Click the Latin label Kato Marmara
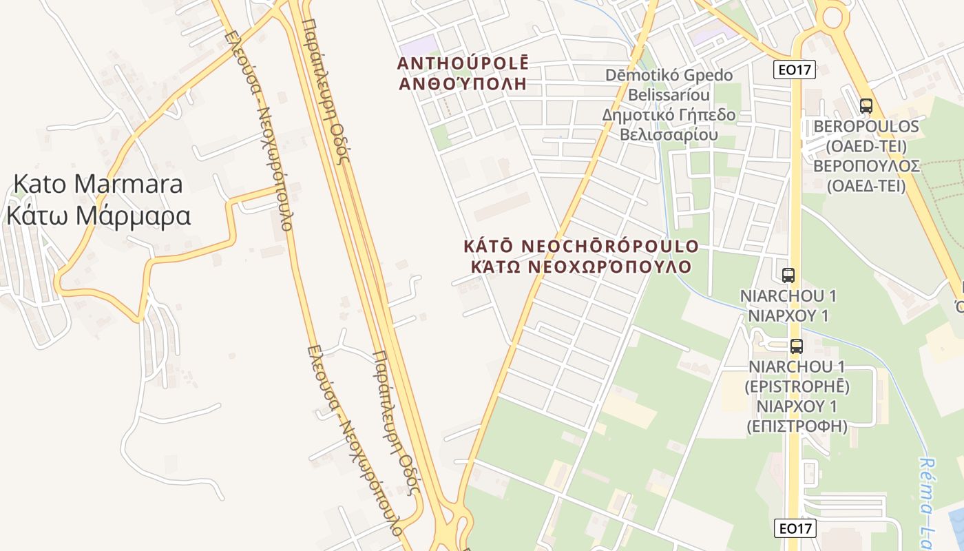point(98,184)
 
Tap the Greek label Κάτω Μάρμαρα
point(98,216)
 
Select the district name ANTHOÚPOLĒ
point(463,63)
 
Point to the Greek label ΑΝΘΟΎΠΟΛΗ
point(463,84)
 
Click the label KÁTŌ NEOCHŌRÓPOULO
point(581,246)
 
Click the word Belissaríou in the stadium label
point(658,94)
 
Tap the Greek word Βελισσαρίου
point(669,134)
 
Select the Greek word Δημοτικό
point(635,114)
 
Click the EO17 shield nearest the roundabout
point(795,69)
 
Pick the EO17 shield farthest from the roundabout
point(795,528)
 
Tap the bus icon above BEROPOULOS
point(866,106)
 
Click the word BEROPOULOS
point(866,127)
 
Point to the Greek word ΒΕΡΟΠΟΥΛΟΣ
point(866,166)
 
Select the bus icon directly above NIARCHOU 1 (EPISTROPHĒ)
point(797,346)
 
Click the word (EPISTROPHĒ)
point(797,386)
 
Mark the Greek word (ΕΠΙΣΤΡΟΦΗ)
point(797,426)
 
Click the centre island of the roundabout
point(831,14)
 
